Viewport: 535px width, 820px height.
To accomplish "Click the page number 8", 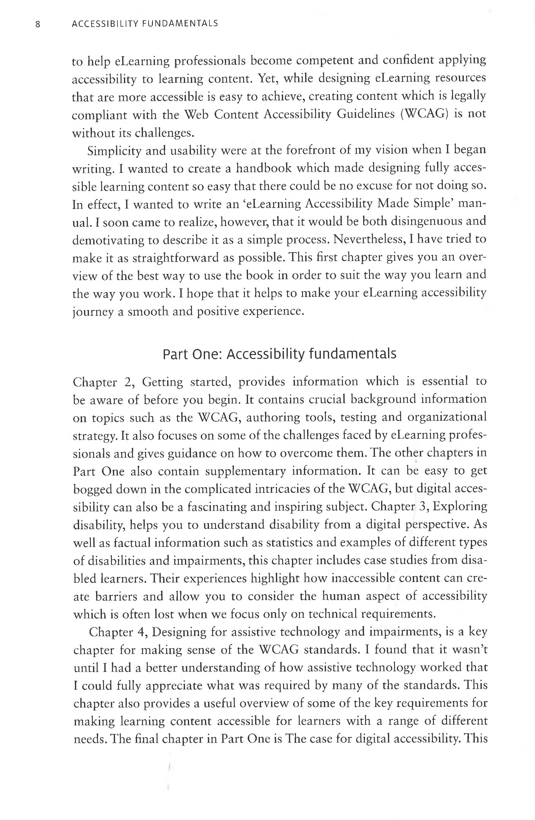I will point(38,24).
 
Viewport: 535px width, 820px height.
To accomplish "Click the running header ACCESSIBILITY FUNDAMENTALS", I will point(145,24).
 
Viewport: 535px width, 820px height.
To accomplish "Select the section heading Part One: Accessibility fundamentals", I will point(279,354).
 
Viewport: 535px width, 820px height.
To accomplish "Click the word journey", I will point(92,312).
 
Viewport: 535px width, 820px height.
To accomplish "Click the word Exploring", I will point(459,506).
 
